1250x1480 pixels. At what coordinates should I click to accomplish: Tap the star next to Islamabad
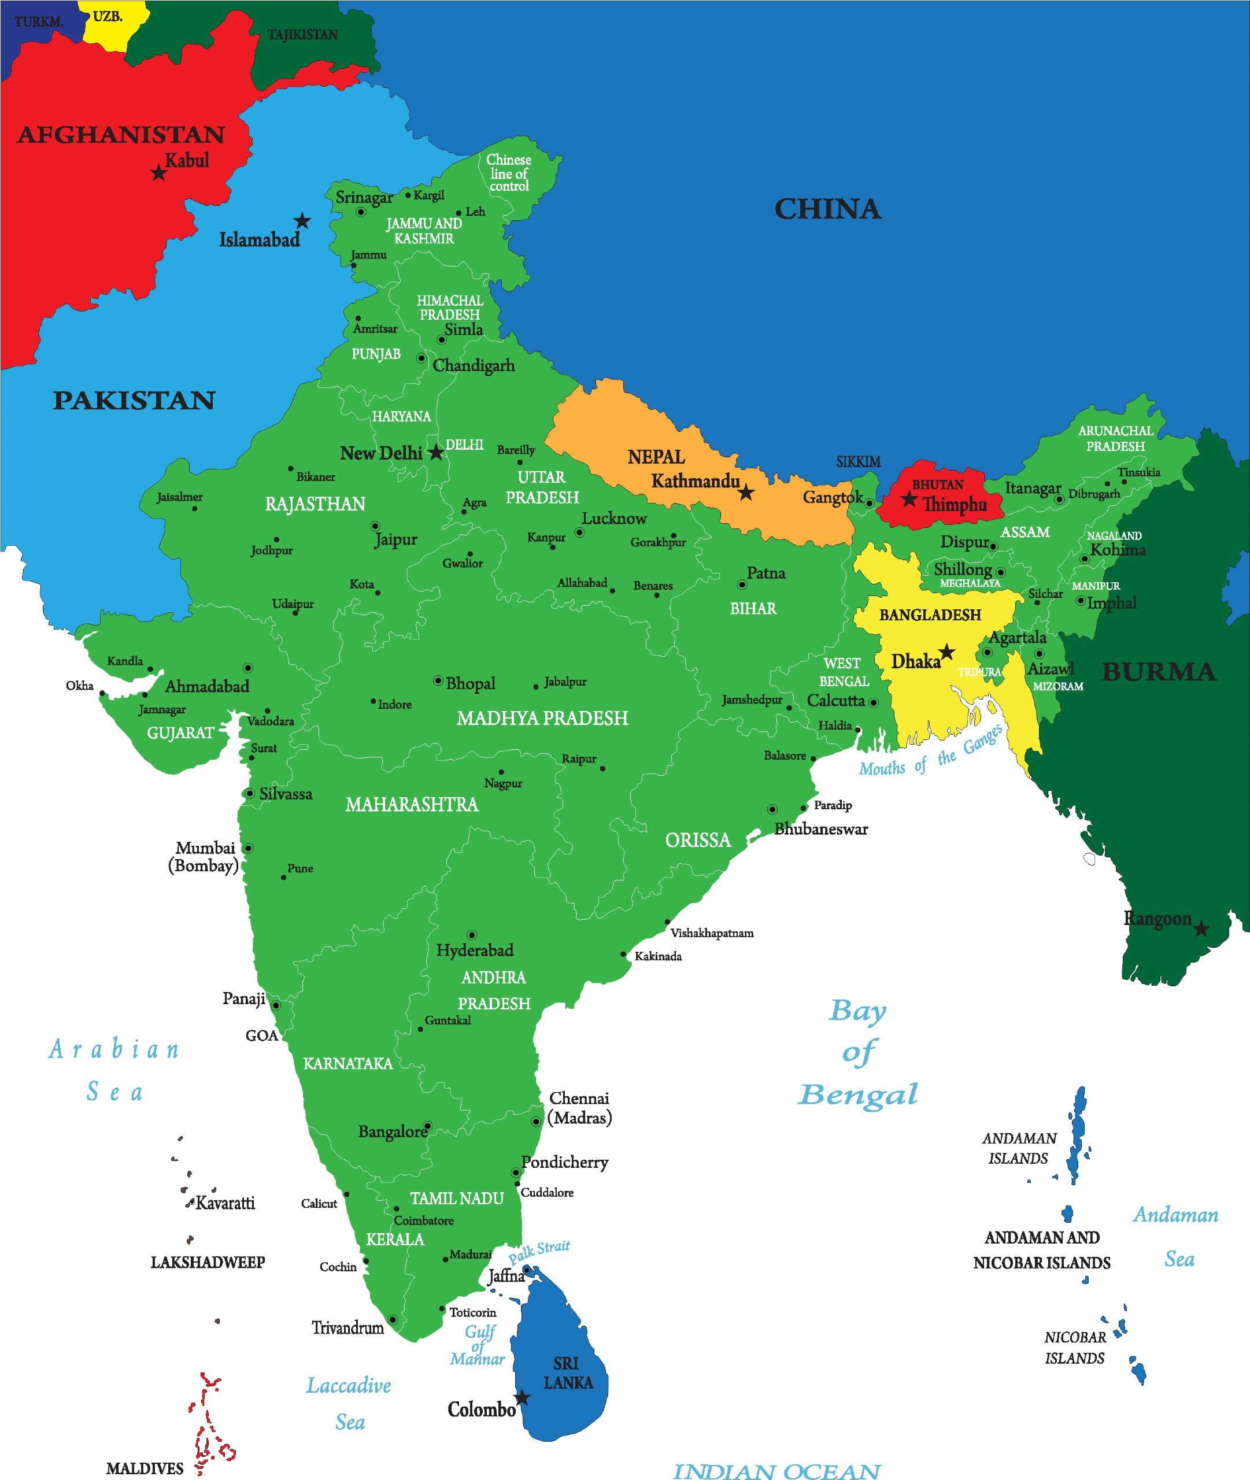(x=302, y=220)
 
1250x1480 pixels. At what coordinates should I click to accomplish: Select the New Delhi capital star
(x=437, y=452)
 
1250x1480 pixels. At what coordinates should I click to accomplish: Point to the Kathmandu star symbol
(x=746, y=493)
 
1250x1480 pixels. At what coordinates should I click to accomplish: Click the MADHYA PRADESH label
(x=542, y=719)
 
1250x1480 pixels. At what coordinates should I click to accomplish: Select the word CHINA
(x=828, y=209)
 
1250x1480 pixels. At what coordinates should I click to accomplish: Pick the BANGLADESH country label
(x=930, y=615)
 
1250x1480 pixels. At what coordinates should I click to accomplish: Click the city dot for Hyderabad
(x=472, y=935)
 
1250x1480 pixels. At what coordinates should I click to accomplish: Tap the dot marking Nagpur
(x=502, y=772)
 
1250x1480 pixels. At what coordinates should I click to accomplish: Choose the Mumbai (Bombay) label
(x=204, y=857)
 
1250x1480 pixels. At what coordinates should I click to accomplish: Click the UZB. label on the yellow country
(x=108, y=16)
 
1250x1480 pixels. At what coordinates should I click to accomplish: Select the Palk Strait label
(x=539, y=1251)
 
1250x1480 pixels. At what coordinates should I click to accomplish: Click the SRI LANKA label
(x=568, y=1372)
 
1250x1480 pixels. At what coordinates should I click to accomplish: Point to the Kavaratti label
(x=225, y=1203)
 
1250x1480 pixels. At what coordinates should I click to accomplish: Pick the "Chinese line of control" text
(x=509, y=173)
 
